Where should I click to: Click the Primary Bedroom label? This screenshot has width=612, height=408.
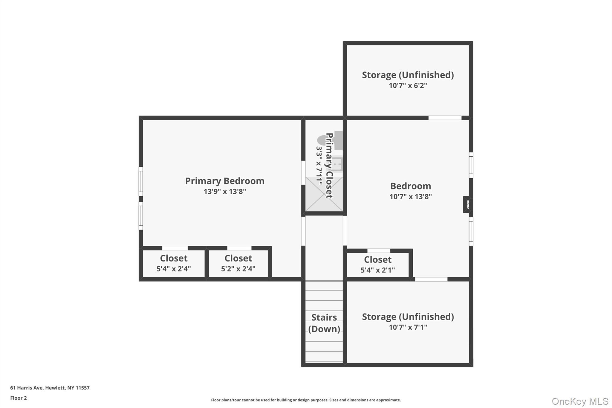click(x=225, y=181)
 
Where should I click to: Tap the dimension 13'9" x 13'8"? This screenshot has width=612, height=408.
click(x=225, y=192)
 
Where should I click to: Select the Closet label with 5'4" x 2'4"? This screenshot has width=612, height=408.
click(x=174, y=258)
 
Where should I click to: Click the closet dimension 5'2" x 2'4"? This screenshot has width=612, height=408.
click(x=238, y=269)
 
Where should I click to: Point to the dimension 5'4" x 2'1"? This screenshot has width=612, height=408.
click(x=378, y=270)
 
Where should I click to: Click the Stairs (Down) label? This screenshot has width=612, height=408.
click(x=324, y=323)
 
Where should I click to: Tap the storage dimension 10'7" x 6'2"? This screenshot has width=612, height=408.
click(x=408, y=85)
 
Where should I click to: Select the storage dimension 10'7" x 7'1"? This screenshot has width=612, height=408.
click(x=408, y=327)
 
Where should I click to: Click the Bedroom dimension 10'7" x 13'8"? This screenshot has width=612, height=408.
click(x=411, y=197)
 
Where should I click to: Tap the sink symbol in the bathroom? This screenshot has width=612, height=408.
click(x=338, y=164)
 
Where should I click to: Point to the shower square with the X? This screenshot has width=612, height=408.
click(x=324, y=194)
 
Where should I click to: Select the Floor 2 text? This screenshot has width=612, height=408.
click(x=19, y=398)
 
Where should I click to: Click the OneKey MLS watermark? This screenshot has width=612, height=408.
click(x=580, y=401)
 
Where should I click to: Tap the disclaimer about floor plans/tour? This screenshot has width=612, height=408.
click(x=306, y=400)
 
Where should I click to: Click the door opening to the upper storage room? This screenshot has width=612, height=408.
click(x=445, y=118)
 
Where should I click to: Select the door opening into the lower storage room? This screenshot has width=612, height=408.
click(x=431, y=279)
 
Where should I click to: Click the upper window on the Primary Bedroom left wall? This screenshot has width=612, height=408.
click(x=141, y=181)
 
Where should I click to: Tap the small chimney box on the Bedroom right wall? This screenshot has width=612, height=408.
click(x=467, y=205)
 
